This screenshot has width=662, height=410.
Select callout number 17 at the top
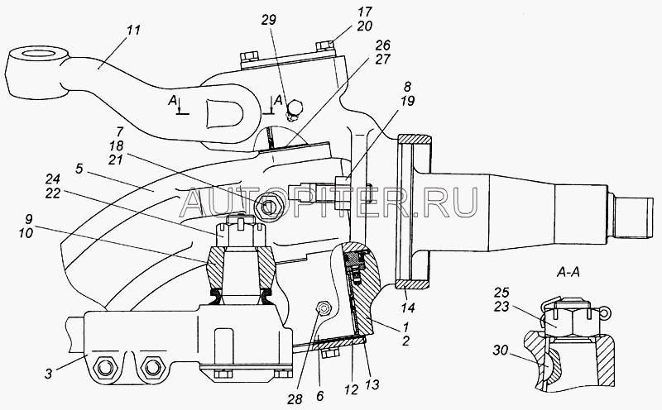point(342,12)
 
